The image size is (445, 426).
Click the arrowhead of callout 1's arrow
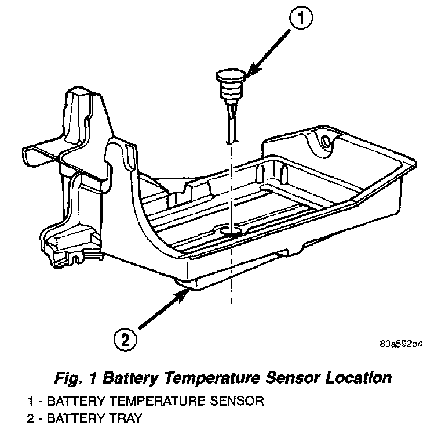pos(247,73)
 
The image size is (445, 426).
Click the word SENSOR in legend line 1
pos(238,401)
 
